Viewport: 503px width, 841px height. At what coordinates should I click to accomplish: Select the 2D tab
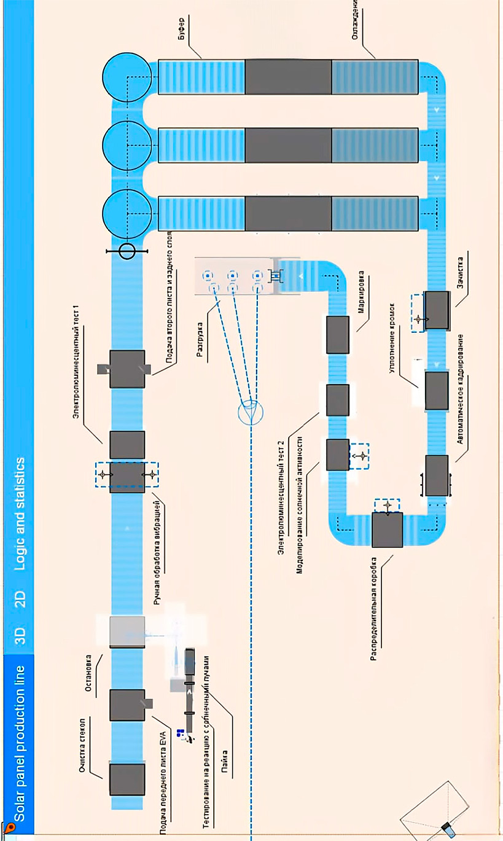click(19, 598)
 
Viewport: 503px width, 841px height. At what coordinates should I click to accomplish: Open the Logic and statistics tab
click(19, 513)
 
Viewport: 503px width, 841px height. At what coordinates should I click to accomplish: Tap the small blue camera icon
click(450, 829)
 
